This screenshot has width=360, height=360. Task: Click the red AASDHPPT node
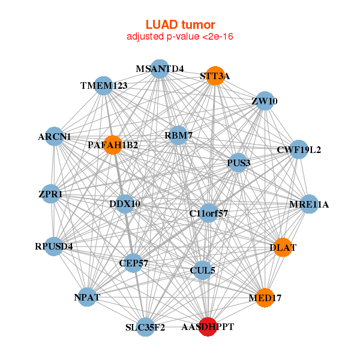(208, 326)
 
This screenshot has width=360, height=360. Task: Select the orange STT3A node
(215, 76)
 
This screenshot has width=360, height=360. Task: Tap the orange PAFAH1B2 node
(113, 145)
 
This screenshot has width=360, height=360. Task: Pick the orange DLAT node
(283, 247)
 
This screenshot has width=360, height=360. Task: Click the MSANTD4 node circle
(159, 68)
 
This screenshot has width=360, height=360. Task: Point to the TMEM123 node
(104, 85)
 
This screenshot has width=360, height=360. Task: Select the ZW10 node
(264, 101)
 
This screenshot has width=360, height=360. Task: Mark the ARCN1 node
(55, 136)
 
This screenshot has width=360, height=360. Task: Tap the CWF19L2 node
(298, 149)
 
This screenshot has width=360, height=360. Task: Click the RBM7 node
(178, 136)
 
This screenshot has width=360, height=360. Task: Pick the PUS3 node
(238, 163)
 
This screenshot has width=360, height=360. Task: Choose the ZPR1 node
(52, 194)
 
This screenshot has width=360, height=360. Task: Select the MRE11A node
(308, 204)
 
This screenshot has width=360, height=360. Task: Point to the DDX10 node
(125, 204)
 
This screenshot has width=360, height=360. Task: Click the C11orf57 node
(208, 213)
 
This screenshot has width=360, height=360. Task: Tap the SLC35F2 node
(146, 327)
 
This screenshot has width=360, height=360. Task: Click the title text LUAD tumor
(180, 25)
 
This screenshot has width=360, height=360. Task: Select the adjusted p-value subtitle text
(180, 37)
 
